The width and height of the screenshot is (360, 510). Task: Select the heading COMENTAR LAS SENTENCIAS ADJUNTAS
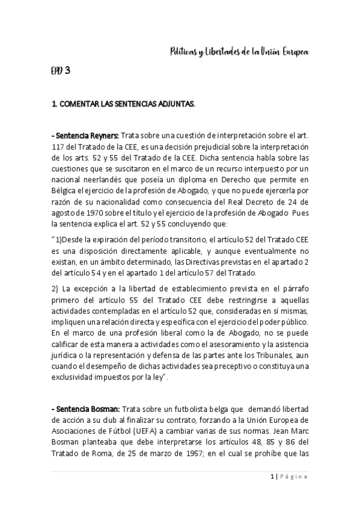coord(123,105)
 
